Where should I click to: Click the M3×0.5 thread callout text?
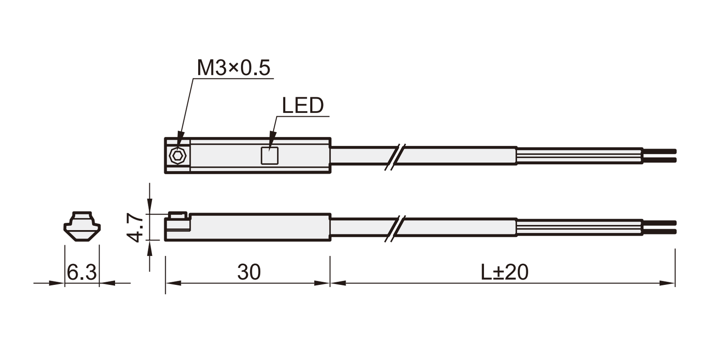(233, 67)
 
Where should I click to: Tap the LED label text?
(303, 105)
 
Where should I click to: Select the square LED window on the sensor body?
(269, 156)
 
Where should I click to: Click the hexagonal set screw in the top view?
(177, 156)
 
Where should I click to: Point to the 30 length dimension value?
(249, 272)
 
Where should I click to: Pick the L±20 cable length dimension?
(504, 272)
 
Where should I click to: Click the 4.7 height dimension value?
(135, 228)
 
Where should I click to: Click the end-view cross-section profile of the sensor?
(82, 226)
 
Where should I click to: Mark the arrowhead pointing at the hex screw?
(180, 140)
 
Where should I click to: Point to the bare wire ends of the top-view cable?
(659, 156)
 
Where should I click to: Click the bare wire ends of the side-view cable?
(659, 227)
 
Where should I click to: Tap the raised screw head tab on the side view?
(177, 215)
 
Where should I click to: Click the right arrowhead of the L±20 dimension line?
(667, 283)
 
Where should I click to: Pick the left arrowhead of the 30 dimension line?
(173, 283)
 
